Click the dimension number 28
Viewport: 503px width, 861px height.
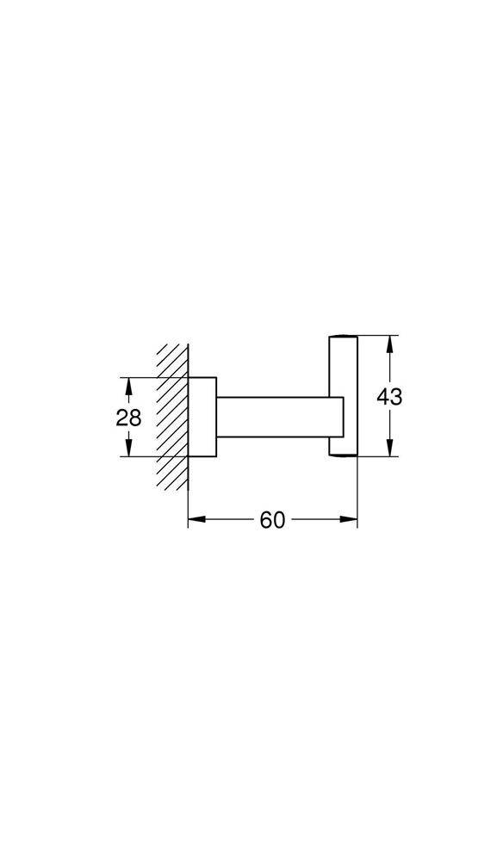(128, 418)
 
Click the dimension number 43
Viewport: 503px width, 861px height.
(390, 397)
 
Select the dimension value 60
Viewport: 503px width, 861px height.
(272, 520)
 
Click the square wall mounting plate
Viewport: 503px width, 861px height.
(202, 417)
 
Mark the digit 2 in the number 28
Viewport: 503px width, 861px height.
(121, 418)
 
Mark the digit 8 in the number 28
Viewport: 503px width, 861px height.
(135, 418)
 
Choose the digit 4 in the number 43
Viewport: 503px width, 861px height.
(383, 397)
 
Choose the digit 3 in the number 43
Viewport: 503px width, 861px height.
(397, 397)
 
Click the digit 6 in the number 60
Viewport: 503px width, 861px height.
(265, 520)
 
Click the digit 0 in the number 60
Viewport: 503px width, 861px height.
(279, 520)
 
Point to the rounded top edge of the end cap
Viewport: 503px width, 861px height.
(340, 337)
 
